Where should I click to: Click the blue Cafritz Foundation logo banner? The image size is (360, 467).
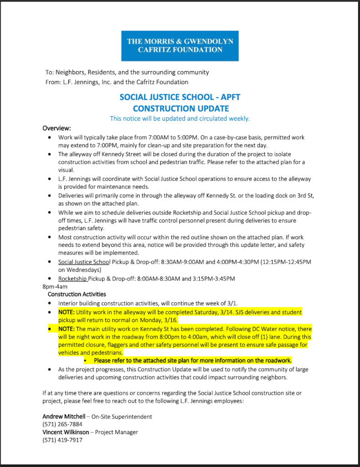click(180, 46)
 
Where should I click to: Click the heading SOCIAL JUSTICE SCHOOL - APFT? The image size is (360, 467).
click(180, 97)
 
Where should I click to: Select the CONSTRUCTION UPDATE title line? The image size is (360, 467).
click(180, 109)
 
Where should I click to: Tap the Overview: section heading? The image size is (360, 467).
click(57, 128)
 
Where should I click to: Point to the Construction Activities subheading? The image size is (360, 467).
click(77, 294)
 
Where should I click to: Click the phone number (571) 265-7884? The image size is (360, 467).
click(62, 424)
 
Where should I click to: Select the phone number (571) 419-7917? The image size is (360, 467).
click(62, 440)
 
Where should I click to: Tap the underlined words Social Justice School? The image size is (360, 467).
click(84, 262)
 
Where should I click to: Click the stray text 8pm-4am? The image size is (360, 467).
click(55, 286)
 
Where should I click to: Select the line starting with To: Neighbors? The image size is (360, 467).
click(127, 72)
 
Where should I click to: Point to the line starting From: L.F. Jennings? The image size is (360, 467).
click(117, 82)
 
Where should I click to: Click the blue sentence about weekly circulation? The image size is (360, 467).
click(180, 119)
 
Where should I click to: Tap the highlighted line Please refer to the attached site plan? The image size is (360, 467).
click(193, 361)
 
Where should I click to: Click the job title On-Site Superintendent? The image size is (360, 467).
click(122, 416)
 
